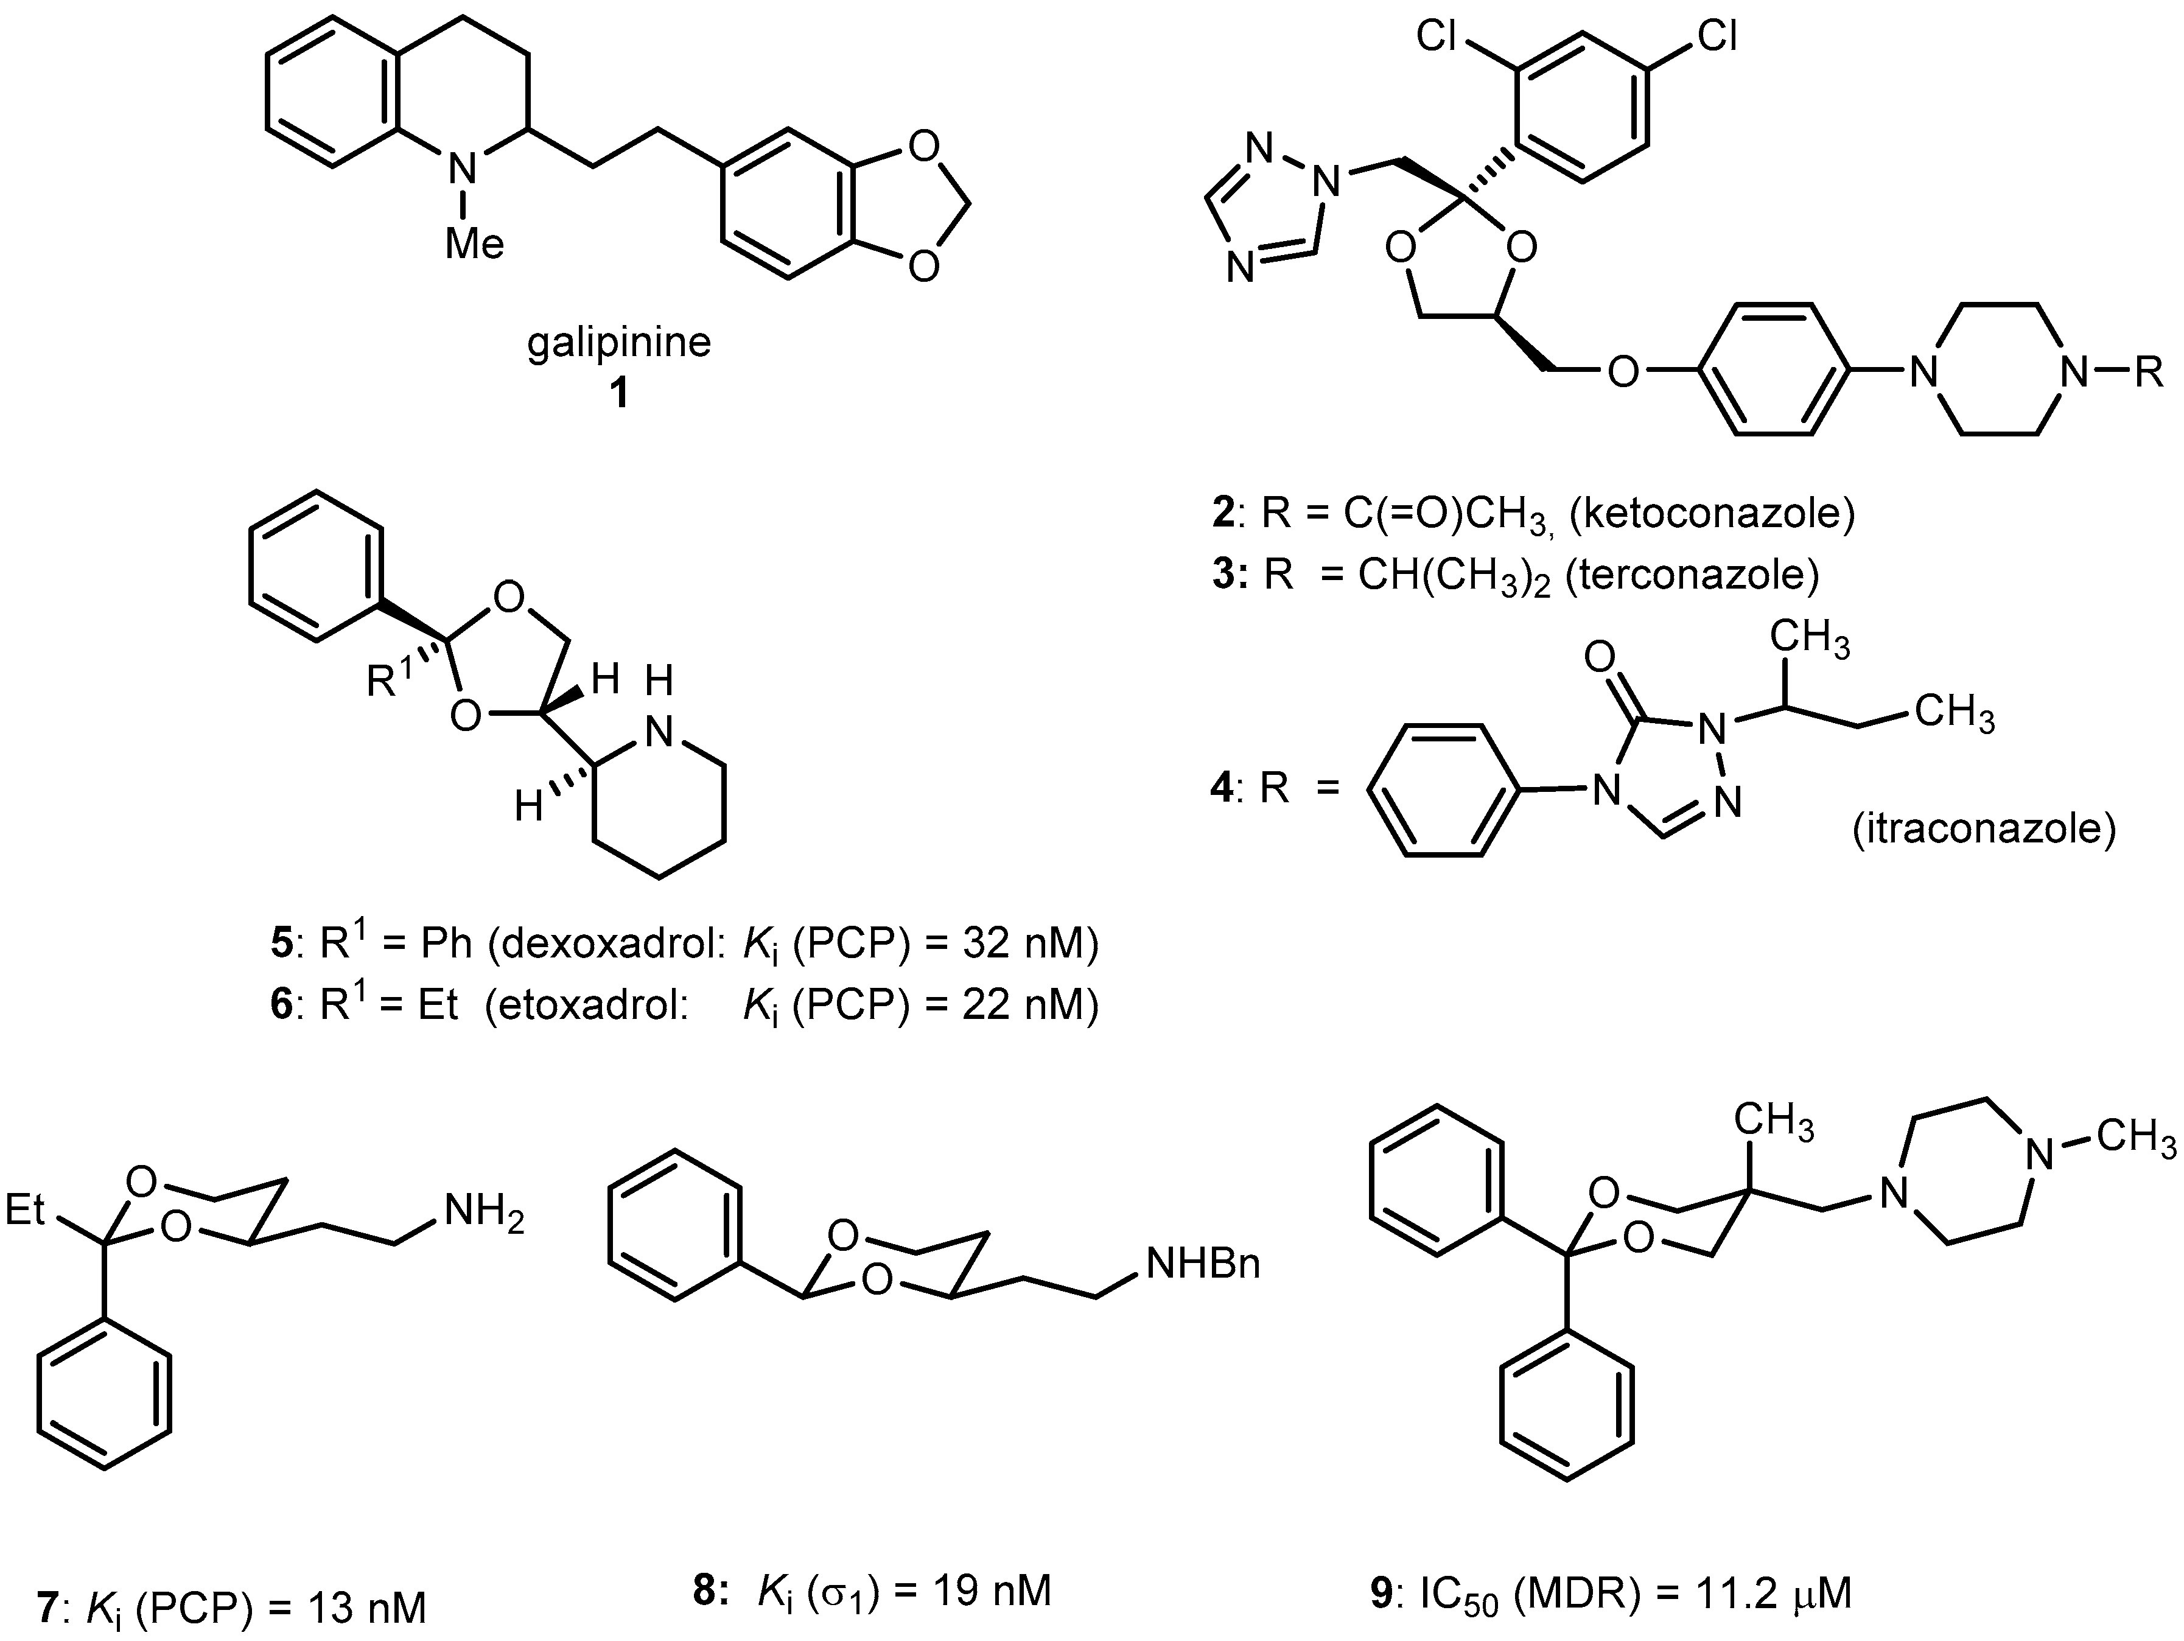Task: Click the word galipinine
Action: coord(619,343)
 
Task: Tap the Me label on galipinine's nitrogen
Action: coord(474,243)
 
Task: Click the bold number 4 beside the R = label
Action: coord(1221,789)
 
